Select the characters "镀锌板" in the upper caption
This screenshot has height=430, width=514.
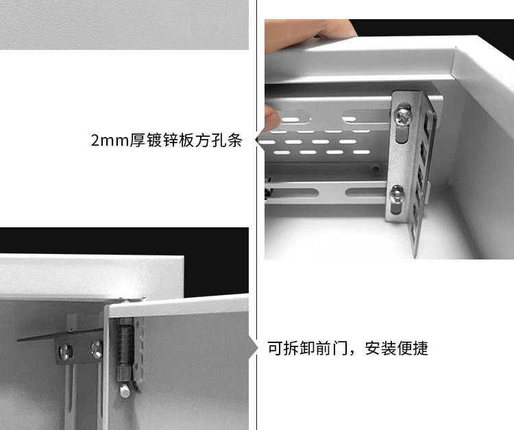point(175,141)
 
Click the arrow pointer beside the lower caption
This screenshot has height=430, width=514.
point(255,348)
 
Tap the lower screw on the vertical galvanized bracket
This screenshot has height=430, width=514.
point(397,197)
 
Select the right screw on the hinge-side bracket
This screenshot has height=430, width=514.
point(97,349)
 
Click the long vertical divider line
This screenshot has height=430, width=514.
point(257,215)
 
